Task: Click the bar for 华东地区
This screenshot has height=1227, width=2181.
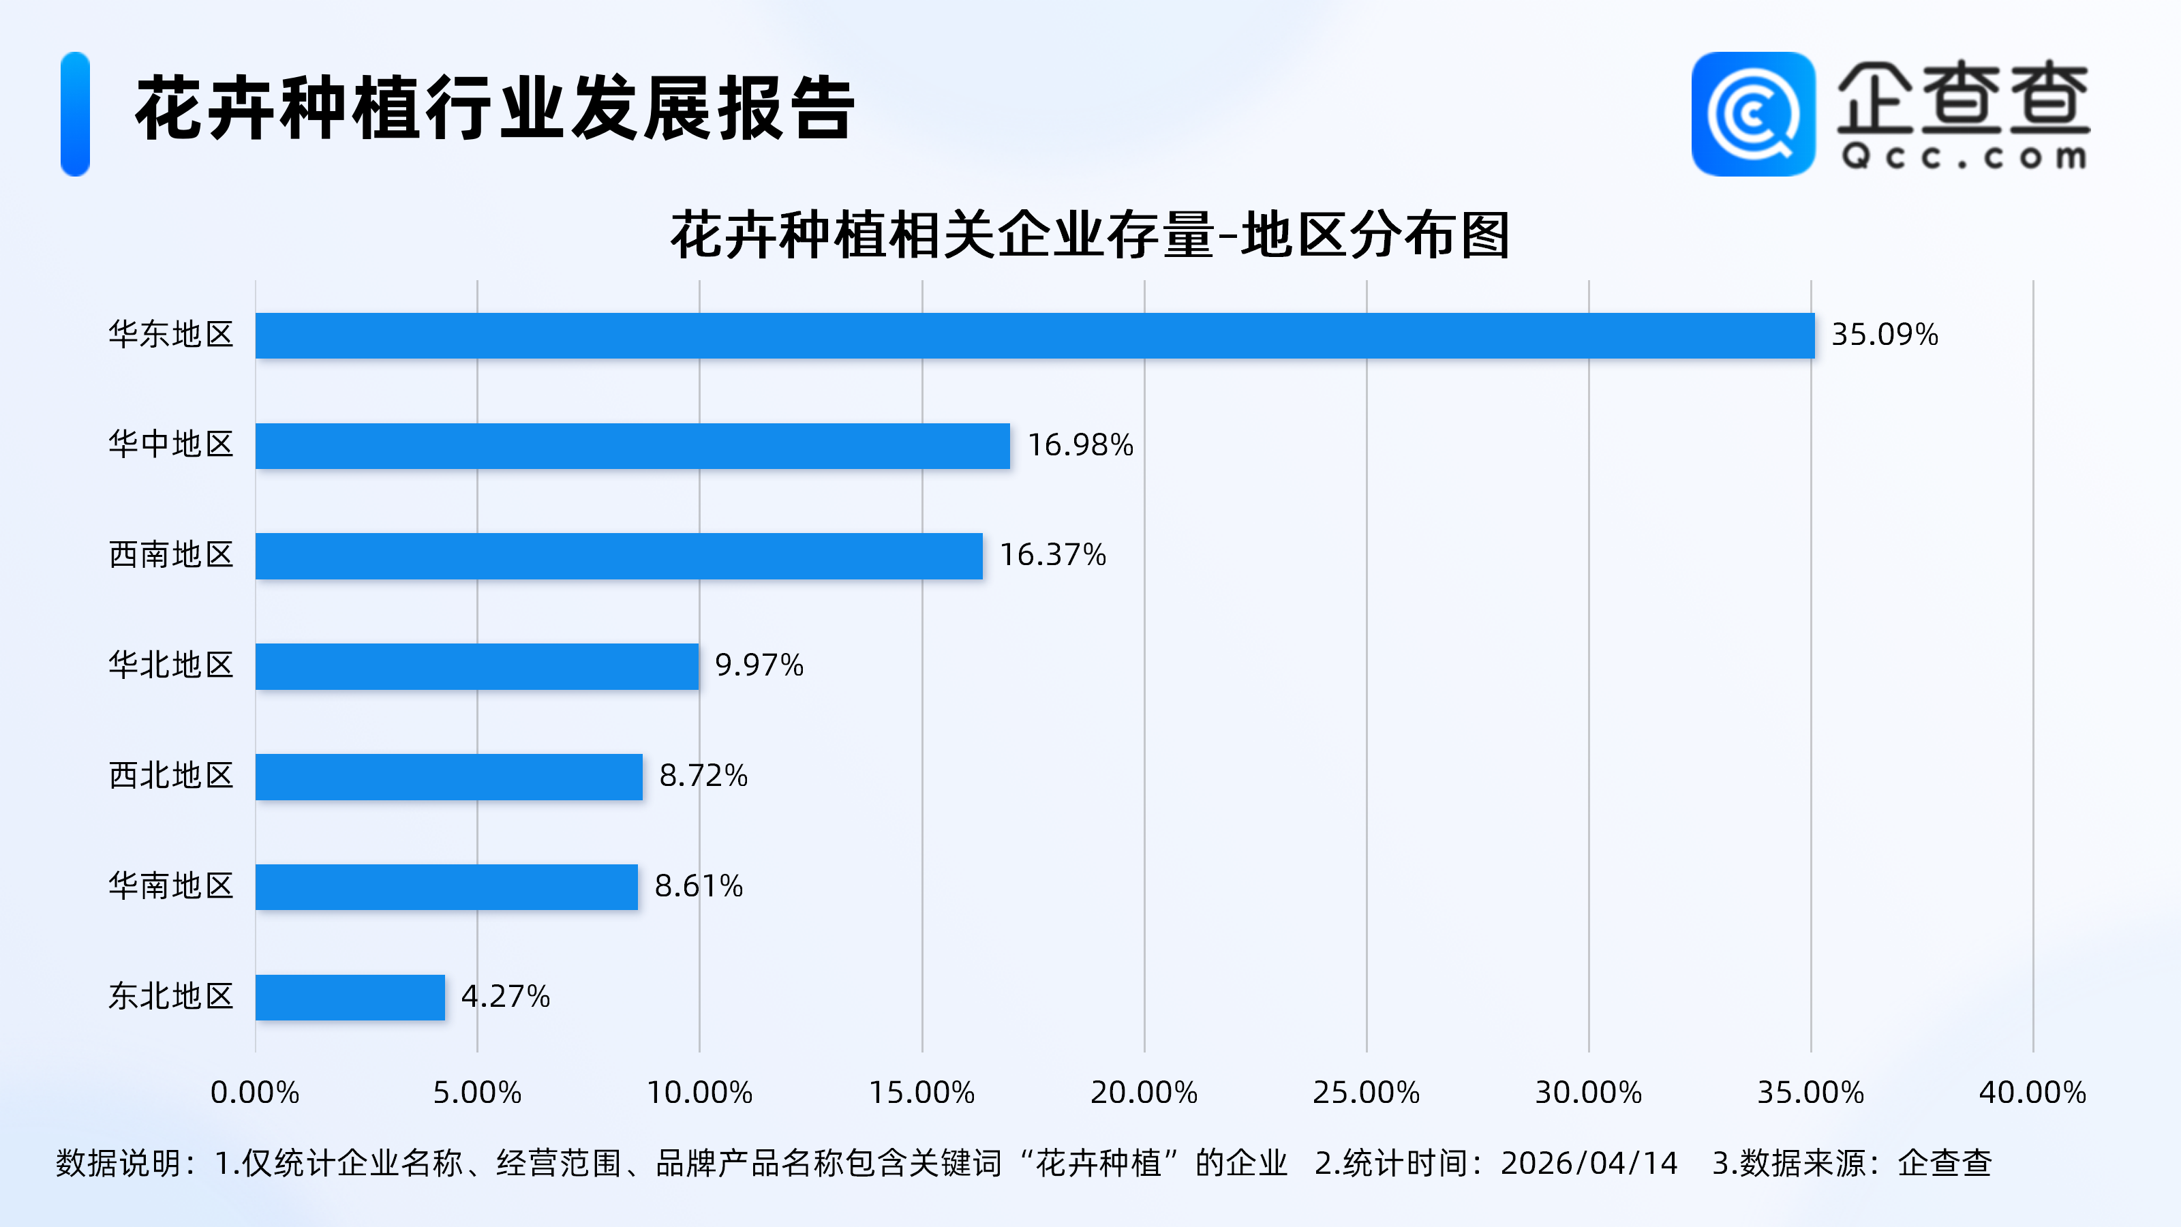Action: (1035, 335)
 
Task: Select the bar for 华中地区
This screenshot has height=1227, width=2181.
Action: (632, 445)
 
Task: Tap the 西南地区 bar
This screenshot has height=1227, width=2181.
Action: (619, 556)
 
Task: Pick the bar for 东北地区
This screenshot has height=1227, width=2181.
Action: (350, 997)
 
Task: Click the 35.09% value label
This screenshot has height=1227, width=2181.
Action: (1884, 335)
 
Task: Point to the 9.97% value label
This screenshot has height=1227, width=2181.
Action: (759, 665)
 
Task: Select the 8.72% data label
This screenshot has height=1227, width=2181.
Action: (703, 776)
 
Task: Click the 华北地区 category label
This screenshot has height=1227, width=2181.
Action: (171, 665)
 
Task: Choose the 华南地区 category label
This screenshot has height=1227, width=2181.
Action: (171, 885)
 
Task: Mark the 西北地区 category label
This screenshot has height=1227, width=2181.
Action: (171, 776)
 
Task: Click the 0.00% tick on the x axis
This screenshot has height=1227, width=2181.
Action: (255, 1092)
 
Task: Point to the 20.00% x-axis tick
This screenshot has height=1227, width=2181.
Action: (1144, 1092)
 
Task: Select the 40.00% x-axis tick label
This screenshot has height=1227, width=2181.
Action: (2032, 1092)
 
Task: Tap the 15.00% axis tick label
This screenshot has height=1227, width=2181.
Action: (922, 1092)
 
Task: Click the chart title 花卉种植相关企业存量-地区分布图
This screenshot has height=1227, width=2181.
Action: (1090, 234)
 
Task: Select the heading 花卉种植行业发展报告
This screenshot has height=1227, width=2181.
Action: (495, 108)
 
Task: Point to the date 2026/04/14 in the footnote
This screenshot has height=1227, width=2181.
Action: (1588, 1163)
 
